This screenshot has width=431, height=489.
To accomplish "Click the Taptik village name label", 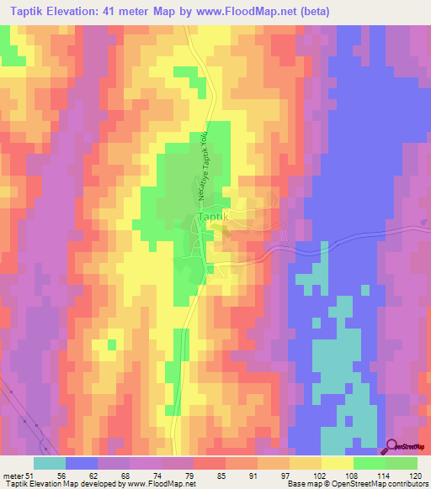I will (x=213, y=217).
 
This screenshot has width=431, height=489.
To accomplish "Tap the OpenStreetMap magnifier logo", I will (x=391, y=446).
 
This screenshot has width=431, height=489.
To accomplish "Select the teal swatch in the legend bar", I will (x=50, y=463).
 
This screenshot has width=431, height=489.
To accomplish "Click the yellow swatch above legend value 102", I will (x=306, y=463).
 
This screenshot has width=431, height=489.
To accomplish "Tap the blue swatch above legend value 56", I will (x=82, y=463).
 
